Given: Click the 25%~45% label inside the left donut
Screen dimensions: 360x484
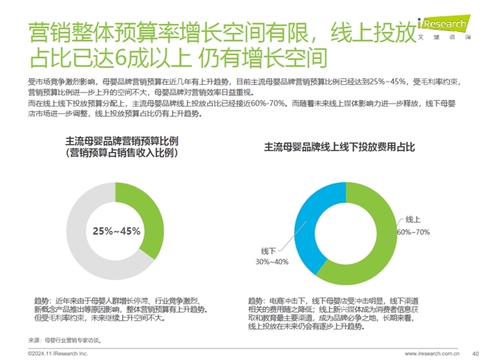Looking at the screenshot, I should (117, 231).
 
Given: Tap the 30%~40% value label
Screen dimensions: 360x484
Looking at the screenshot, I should (272, 262).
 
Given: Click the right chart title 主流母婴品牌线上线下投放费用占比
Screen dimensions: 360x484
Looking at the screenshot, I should (339, 148).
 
